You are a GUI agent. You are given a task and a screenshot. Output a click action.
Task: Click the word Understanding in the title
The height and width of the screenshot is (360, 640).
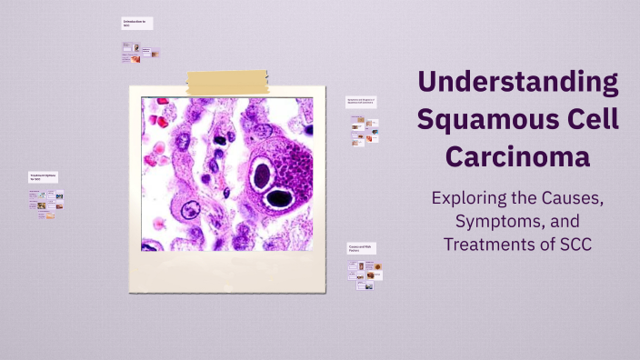point(518,83)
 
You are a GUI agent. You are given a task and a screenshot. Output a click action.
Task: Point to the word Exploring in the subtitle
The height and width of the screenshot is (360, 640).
point(468,197)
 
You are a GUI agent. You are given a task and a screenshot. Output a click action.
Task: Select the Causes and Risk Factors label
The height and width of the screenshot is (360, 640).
point(361,248)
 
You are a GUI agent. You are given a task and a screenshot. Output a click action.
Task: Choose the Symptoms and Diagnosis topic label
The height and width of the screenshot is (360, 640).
point(361,102)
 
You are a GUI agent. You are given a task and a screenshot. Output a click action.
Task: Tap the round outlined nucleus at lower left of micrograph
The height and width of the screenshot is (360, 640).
point(191,211)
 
